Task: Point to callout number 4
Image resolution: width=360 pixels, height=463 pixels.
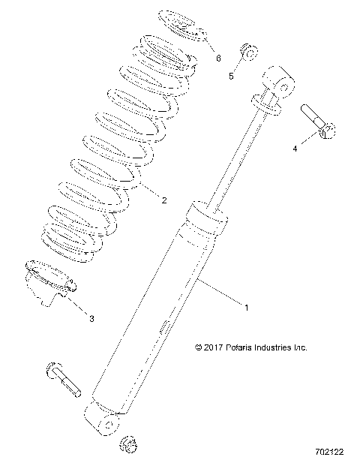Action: tap(295, 149)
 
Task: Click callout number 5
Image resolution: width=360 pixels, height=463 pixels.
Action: tap(231, 76)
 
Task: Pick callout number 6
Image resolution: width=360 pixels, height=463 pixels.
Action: tap(218, 57)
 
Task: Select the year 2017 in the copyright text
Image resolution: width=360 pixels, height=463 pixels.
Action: tap(213, 347)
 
